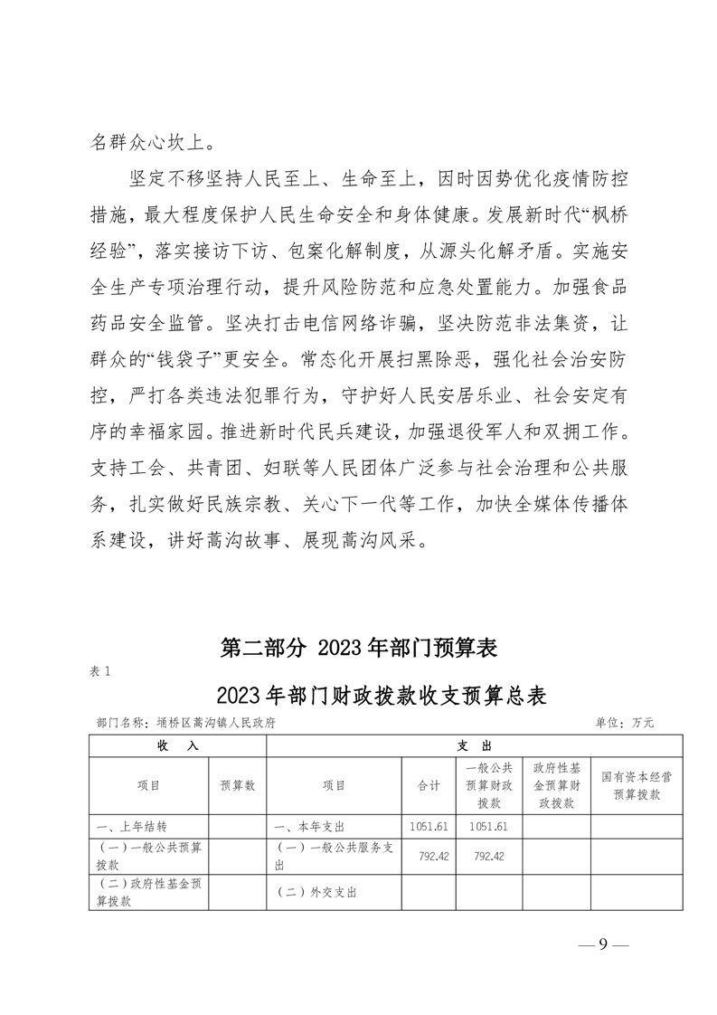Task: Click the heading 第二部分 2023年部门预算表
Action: click(x=359, y=649)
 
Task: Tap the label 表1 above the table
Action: click(x=100, y=671)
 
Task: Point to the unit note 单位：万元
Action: click(x=623, y=723)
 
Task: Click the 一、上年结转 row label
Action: click(x=130, y=827)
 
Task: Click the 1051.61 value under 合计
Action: click(x=429, y=827)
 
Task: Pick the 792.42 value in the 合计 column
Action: click(x=429, y=856)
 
